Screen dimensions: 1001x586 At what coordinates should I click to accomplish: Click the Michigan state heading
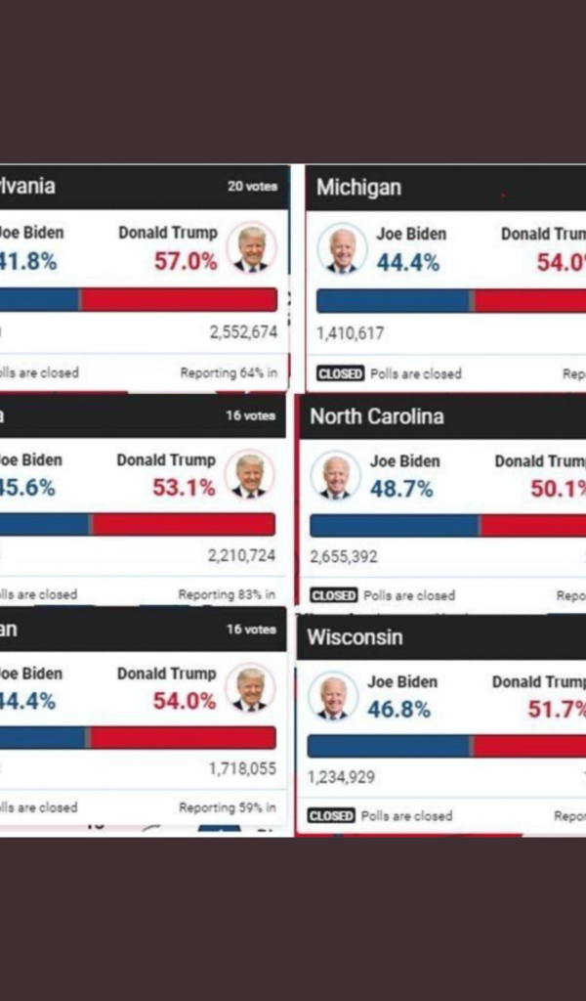358,188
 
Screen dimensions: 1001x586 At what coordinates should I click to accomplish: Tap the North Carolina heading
376,416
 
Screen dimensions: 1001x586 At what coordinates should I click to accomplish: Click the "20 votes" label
252,186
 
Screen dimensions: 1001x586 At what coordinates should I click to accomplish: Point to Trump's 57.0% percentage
186,261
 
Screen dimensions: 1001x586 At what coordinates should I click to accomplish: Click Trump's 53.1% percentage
184,487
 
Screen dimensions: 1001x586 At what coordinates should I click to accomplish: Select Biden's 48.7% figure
401,489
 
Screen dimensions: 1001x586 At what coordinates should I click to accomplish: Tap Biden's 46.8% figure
398,710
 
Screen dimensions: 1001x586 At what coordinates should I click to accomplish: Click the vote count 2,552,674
243,332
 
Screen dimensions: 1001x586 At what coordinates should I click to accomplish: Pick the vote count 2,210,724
241,556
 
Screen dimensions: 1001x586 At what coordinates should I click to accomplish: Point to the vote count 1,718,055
242,769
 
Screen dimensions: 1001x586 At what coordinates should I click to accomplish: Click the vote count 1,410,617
351,333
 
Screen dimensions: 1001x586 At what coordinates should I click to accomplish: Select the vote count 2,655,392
344,557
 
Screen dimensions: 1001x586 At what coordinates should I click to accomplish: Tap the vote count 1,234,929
341,777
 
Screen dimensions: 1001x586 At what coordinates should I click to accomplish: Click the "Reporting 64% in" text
229,372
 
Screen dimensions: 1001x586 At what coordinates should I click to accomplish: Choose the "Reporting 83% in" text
227,594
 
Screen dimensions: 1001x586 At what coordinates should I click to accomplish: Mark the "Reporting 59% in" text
228,807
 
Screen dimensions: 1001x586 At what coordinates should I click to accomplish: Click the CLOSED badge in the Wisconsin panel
331,815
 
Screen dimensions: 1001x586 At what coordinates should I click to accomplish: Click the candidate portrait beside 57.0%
251,248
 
